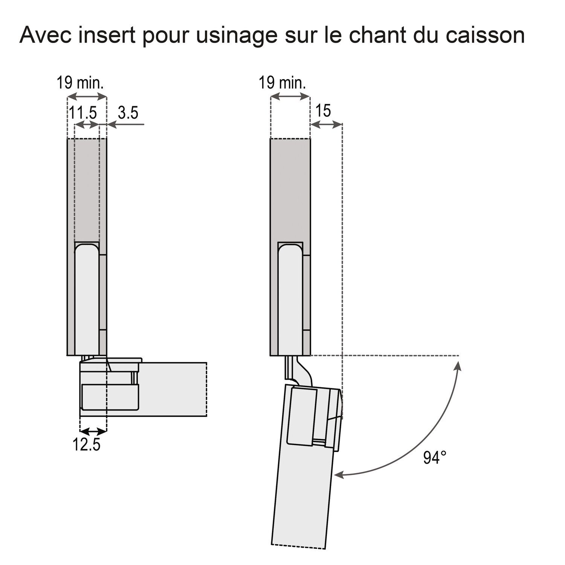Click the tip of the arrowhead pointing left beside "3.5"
click(x=107, y=124)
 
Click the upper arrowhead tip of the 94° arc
click(x=458, y=360)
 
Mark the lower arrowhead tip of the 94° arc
click(x=335, y=476)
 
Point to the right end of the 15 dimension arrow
click(x=342, y=125)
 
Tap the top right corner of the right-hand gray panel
click(x=310, y=139)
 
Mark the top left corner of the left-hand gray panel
click(x=67, y=139)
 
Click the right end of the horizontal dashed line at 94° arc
click(x=459, y=355)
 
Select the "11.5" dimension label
click(x=82, y=113)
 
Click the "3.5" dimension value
click(x=128, y=113)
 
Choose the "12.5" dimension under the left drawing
click(x=87, y=445)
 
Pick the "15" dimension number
click(x=323, y=110)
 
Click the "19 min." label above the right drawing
click(x=282, y=82)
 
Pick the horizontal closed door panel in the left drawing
click(x=144, y=389)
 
